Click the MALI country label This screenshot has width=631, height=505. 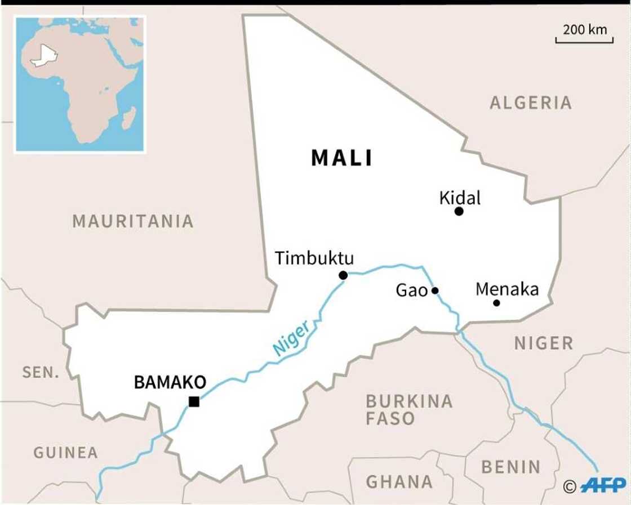coord(341,158)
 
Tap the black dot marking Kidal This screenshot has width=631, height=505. coord(459,211)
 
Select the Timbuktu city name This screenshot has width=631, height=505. coord(314,258)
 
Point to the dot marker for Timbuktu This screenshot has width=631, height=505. coord(343,275)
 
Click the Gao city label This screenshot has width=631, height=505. coord(411,291)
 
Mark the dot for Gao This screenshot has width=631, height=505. coord(435,291)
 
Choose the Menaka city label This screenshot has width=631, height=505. coord(507,289)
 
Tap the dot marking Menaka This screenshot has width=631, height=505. coord(496,303)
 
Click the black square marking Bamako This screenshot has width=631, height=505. coord(194,401)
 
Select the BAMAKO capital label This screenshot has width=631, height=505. coord(170,382)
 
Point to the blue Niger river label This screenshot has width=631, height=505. coord(291,338)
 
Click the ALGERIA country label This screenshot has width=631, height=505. coord(531,102)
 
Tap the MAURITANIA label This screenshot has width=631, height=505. coord(133,221)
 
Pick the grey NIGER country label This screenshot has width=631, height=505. coord(544,343)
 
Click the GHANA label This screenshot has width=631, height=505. coord(399,482)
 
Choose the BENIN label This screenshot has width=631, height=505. coord(510,467)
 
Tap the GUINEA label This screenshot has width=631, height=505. coord(65,452)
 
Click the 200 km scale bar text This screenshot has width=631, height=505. coord(585,29)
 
